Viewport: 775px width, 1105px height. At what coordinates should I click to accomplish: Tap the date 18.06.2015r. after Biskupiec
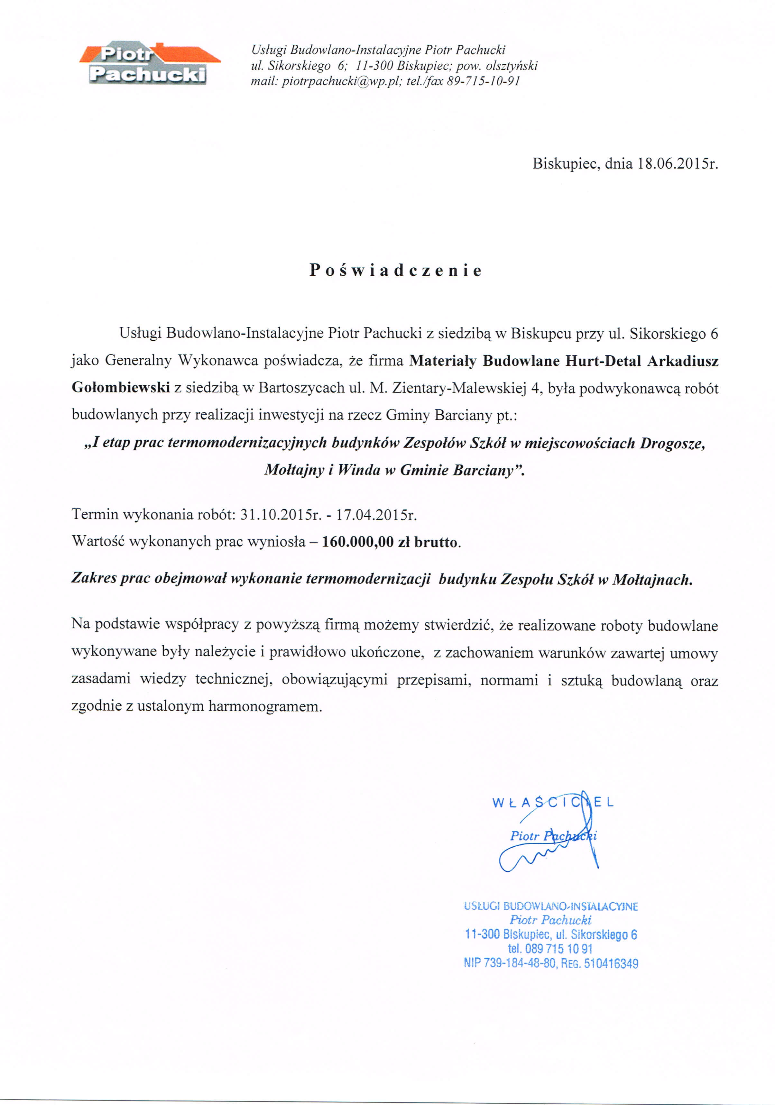click(x=677, y=164)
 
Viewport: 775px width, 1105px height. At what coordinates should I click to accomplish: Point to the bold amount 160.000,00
click(x=358, y=542)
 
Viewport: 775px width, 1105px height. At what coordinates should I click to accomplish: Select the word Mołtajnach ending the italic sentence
click(x=652, y=579)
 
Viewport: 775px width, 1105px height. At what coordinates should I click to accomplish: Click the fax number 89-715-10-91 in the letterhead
click(x=483, y=81)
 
